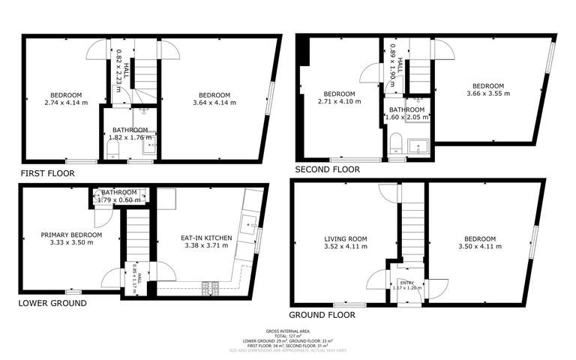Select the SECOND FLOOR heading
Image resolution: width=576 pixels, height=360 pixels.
pos(327,169)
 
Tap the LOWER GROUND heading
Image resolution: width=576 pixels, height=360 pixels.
pos(52,303)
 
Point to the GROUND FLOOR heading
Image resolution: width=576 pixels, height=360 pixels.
pos(322,315)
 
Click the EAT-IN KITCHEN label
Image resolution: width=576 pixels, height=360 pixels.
pos(206,238)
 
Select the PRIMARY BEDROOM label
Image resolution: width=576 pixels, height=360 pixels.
pos(71,235)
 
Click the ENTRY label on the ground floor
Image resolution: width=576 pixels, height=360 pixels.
pos(407,282)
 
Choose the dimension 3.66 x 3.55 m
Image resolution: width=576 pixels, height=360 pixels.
pos(487,94)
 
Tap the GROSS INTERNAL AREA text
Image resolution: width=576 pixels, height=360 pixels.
pos(287,331)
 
